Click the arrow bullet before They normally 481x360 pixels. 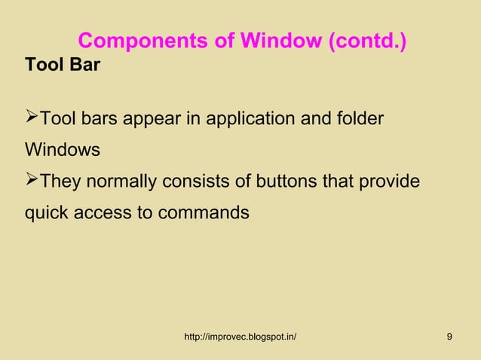pyautogui.click(x=32, y=181)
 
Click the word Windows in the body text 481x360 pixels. pyautogui.click(x=63, y=150)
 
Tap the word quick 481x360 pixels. pyautogui.click(x=47, y=214)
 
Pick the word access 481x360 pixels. pyautogui.click(x=103, y=214)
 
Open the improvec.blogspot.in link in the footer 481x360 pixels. pyautogui.click(x=240, y=336)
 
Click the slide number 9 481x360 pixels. pyautogui.click(x=449, y=336)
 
